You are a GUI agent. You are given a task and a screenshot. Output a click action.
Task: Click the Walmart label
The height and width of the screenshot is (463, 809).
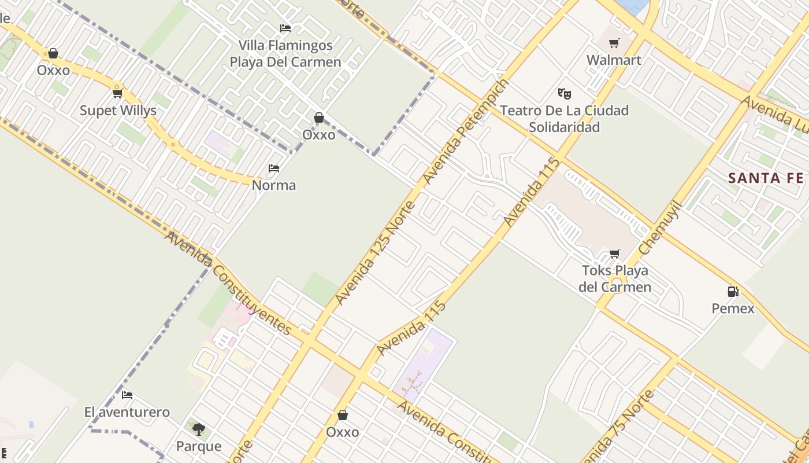614,60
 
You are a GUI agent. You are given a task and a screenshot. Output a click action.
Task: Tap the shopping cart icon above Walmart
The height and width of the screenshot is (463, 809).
614,43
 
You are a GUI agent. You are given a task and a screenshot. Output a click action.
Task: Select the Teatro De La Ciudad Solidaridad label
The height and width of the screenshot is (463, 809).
564,119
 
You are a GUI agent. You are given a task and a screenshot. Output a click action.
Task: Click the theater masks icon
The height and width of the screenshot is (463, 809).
564,93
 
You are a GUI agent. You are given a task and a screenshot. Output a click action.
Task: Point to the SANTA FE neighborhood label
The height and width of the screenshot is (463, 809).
766,178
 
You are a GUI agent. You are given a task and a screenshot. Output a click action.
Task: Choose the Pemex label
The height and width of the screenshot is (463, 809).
733,308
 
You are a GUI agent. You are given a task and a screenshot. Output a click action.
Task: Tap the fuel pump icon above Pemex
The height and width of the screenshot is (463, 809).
733,292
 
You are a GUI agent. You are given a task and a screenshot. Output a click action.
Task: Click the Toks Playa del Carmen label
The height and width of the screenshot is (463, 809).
615,279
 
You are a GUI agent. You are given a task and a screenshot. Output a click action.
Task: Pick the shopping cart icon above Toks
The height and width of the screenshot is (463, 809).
615,254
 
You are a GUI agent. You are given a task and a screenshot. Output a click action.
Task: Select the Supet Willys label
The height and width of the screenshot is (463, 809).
118,111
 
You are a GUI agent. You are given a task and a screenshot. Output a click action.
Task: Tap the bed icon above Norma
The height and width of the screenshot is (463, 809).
274,168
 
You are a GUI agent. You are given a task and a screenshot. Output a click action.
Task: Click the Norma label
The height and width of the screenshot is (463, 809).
274,185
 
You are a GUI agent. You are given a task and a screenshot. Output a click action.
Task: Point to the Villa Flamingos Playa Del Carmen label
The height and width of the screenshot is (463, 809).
285,54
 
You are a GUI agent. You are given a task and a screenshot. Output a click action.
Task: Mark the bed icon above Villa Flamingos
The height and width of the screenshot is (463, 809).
285,28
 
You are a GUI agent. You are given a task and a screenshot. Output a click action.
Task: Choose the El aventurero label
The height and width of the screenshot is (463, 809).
127,412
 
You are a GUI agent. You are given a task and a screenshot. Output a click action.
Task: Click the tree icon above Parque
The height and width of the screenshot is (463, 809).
199,429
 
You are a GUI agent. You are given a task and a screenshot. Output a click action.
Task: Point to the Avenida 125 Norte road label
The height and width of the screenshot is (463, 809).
375,253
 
